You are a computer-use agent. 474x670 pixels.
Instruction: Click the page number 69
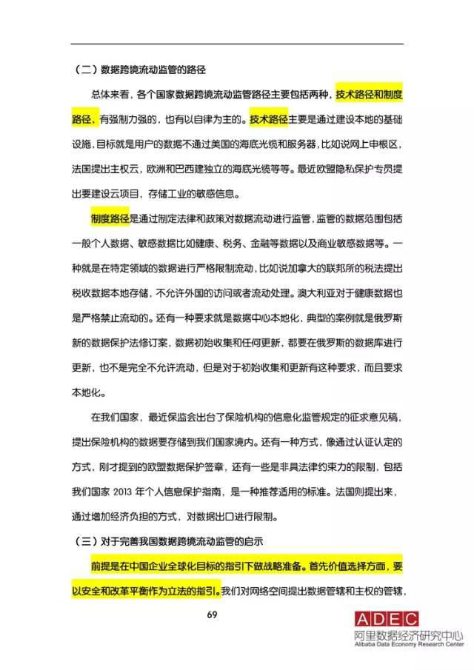(x=236, y=614)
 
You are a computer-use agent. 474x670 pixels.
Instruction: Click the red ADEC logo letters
(x=386, y=620)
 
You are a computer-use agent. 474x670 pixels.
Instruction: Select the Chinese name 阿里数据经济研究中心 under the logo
(x=407, y=635)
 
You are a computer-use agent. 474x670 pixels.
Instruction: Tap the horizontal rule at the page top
(x=236, y=44)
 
